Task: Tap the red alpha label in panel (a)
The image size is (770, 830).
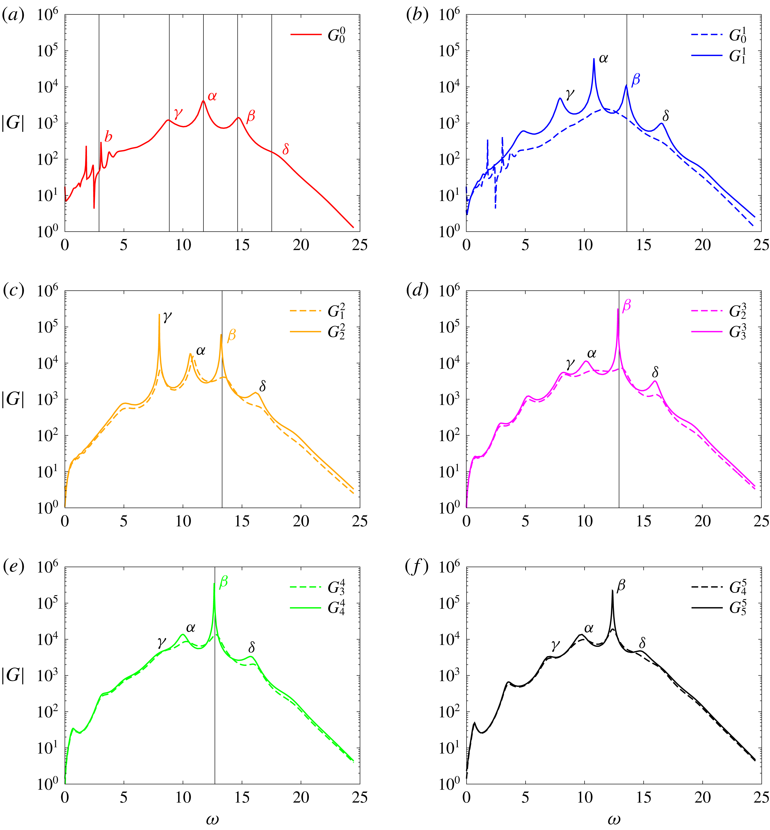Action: coord(212,96)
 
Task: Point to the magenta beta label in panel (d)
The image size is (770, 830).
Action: coord(626,306)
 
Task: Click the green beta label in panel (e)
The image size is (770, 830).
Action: coord(223,582)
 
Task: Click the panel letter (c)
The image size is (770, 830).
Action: coord(13,290)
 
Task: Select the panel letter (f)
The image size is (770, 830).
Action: coord(417,567)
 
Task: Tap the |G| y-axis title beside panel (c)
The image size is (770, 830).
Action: coord(13,399)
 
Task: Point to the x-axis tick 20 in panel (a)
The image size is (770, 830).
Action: coord(301,245)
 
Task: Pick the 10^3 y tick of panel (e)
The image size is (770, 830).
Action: coord(47,676)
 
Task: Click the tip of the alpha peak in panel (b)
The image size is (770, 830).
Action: coord(594,59)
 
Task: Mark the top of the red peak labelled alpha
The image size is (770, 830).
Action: coord(203,101)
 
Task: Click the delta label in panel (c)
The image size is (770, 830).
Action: coord(262,386)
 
